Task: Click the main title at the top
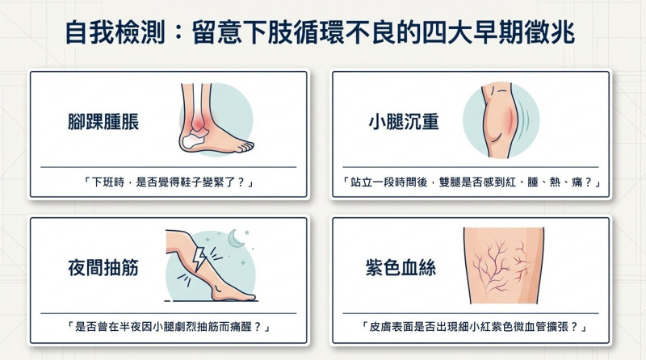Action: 320,33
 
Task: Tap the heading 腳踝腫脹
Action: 103,122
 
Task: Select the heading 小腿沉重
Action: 404,122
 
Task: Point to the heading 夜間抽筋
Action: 103,268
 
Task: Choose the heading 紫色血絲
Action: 401,268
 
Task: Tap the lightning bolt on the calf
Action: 199,258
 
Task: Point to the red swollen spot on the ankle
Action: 199,121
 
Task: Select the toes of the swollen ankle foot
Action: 245,146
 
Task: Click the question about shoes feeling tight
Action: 169,182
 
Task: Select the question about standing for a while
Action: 471,182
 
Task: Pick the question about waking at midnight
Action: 169,328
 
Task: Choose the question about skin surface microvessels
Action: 474,328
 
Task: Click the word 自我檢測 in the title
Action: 115,33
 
